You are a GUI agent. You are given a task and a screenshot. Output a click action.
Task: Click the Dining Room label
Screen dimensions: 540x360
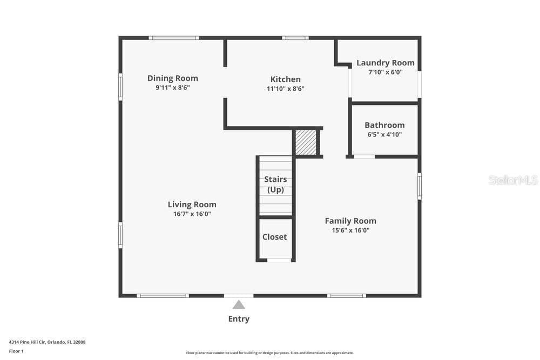[173, 78]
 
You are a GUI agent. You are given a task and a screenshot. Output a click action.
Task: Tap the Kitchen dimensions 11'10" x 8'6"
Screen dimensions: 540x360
[286, 89]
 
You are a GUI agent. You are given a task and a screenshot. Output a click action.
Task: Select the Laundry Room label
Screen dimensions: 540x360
[386, 63]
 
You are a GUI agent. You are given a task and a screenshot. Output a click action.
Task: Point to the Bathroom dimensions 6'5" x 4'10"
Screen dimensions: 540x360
[384, 134]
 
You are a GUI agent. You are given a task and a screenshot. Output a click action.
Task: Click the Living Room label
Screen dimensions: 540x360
[192, 205]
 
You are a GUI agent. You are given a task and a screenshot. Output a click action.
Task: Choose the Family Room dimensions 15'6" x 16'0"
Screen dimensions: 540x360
[350, 230]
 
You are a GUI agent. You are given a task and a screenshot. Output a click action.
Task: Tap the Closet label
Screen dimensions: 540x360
[274, 237]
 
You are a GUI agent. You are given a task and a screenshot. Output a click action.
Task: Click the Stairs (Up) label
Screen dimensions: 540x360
[275, 185]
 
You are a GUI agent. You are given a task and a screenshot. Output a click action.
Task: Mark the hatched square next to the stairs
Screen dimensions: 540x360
[306, 142]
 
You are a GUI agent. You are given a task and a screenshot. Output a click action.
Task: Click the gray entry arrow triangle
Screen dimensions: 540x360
[239, 305]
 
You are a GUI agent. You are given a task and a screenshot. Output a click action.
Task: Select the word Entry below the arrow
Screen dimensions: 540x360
[239, 319]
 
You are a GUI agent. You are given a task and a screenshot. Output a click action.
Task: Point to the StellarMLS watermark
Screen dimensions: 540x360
[513, 180]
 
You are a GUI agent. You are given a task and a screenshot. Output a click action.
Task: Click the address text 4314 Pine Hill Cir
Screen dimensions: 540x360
[27, 342]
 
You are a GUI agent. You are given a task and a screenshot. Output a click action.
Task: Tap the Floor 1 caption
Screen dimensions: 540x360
[16, 351]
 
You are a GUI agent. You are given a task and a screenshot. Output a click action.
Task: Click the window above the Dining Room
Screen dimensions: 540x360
[174, 38]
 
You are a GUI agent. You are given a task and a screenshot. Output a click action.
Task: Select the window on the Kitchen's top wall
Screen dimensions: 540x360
[295, 38]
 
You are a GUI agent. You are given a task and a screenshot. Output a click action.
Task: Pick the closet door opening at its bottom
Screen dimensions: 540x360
[279, 260]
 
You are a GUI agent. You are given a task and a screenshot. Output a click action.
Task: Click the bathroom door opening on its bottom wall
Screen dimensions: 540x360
[364, 157]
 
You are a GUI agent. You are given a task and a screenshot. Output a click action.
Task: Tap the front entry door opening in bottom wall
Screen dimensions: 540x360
[239, 296]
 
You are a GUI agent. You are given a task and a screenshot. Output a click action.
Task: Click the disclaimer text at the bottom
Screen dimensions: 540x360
[269, 353]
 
